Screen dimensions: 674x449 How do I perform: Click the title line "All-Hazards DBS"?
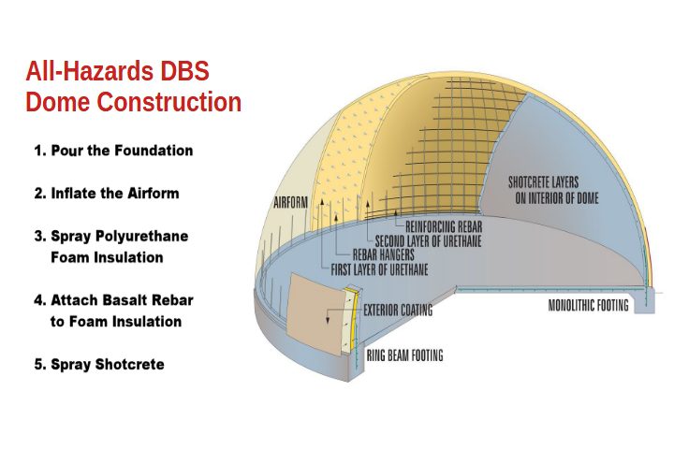coord(117,71)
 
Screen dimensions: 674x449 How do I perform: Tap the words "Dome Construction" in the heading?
coord(133,102)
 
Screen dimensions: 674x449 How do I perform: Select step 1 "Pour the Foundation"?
coord(113,151)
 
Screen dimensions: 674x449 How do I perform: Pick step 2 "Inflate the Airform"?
coord(107,194)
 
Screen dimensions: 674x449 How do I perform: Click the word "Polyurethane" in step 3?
coord(141,237)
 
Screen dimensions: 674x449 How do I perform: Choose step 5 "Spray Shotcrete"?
coord(99,365)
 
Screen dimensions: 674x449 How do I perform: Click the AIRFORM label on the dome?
coord(291,202)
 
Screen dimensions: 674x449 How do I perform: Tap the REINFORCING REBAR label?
coord(444,226)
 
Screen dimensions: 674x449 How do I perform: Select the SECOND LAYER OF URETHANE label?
coord(428,240)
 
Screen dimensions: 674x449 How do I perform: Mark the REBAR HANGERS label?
coord(384,254)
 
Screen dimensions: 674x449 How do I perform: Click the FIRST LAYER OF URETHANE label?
coord(379,269)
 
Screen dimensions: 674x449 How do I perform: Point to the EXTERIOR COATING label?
coord(398,310)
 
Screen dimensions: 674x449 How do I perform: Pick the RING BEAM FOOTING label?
coord(404,355)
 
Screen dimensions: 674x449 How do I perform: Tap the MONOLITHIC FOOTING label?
coord(589,306)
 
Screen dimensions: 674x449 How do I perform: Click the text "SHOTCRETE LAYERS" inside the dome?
coord(543,182)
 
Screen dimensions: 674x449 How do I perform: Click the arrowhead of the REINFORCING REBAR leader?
coord(396,211)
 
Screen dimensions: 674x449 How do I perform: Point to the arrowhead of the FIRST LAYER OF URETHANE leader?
coord(321,201)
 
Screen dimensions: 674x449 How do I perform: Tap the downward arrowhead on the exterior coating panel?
coord(328,320)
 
